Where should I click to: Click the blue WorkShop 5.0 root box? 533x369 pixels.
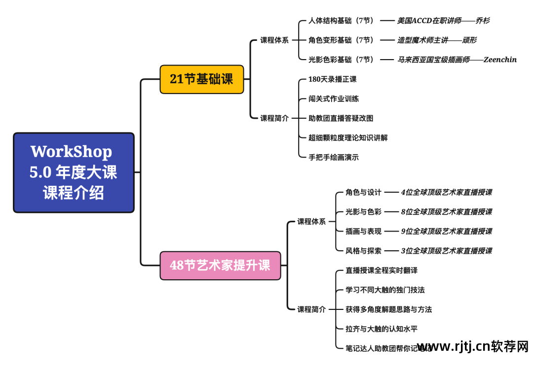pos(74,172)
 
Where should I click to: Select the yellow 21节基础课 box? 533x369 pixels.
pos(201,79)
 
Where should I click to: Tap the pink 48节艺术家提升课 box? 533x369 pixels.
pos(220,266)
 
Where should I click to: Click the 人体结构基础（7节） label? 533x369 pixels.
pos(341,21)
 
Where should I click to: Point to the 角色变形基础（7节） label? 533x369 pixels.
pos(341,40)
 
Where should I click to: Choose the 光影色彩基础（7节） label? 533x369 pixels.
pos(341,60)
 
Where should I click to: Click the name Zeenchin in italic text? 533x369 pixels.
pos(500,60)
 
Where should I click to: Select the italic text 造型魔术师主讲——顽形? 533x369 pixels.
pos(437,40)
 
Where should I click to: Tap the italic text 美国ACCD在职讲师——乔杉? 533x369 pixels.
pos(443,21)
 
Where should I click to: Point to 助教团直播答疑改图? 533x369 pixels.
pos(341,118)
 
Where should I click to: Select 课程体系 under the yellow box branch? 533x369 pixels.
pos(274,40)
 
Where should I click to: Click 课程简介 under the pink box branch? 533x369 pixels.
pos(311,309)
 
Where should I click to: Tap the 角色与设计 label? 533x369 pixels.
pos(363,192)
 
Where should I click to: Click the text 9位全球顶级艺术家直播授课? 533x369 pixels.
pos(446,231)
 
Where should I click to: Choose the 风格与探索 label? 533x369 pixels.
pos(363,251)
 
